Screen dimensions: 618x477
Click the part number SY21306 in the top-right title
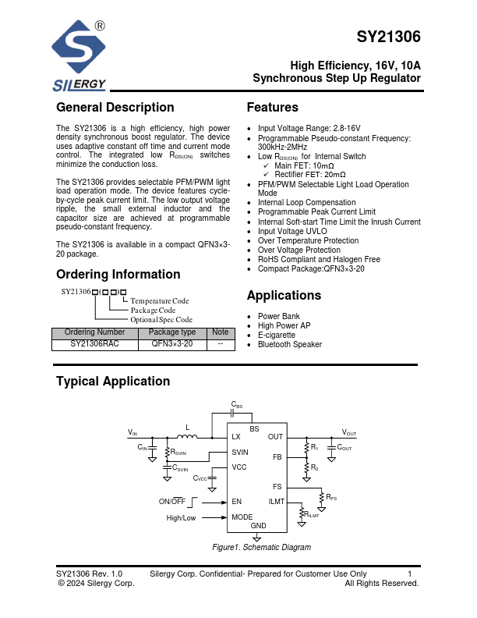tap(388, 37)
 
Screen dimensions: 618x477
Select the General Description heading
tap(115, 108)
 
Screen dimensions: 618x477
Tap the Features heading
tap(272, 108)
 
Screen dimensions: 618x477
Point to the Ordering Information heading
tap(118, 275)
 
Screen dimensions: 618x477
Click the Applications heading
tap(284, 296)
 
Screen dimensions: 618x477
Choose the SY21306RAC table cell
tap(94, 343)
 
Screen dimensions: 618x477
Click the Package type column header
tap(173, 332)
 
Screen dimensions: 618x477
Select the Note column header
tap(221, 332)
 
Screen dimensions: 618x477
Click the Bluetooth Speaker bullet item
tap(289, 344)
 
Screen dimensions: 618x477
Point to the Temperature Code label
tap(159, 300)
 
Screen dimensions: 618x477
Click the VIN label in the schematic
tap(132, 432)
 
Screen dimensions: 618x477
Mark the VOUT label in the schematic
tap(349, 432)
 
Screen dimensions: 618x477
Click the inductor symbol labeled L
tap(187, 435)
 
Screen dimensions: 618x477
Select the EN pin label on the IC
tap(237, 502)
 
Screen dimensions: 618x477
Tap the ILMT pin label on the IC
tap(276, 502)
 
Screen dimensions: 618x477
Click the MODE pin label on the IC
tap(242, 517)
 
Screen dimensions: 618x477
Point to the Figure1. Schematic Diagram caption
tap(262, 548)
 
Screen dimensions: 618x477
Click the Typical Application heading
tap(112, 382)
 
